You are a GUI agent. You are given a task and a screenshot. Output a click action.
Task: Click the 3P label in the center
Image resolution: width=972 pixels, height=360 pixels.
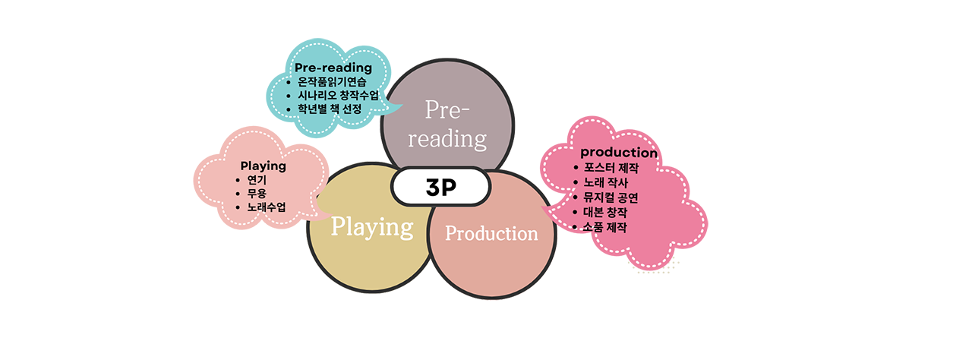[x=440, y=188]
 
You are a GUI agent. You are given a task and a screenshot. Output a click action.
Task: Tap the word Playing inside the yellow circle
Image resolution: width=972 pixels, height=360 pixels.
[x=372, y=226]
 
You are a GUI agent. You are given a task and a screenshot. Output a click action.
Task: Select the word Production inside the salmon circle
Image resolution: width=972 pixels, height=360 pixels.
[x=491, y=233]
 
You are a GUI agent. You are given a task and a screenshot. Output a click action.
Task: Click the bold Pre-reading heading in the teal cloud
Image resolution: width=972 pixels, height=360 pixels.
[x=333, y=68]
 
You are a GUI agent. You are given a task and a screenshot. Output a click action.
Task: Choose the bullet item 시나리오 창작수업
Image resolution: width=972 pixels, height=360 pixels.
[x=338, y=95]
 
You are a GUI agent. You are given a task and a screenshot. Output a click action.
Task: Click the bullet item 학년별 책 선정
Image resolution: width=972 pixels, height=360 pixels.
[x=330, y=109]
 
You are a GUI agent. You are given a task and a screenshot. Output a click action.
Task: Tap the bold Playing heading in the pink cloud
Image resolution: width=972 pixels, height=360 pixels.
[x=263, y=166]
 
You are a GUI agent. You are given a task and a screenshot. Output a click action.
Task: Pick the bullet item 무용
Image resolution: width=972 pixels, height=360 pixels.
[x=257, y=194]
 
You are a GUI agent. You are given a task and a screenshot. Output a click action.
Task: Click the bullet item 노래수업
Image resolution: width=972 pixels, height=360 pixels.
[x=267, y=207]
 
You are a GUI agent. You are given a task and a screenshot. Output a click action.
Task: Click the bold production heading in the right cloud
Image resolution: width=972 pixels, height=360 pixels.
[x=619, y=153]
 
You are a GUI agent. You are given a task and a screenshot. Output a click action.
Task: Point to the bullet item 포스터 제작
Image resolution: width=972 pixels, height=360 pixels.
[x=611, y=167]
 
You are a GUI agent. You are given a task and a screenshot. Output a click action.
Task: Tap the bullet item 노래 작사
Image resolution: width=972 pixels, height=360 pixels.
[x=606, y=182]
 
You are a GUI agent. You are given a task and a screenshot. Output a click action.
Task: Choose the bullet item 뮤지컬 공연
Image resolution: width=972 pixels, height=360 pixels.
[x=611, y=197]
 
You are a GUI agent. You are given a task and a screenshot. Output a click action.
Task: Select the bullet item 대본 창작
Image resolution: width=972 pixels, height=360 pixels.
[x=606, y=212]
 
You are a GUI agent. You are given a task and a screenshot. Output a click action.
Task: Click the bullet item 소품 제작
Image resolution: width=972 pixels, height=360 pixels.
[x=606, y=227]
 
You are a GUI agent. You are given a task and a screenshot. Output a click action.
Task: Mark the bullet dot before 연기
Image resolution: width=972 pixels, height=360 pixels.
[x=238, y=180]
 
